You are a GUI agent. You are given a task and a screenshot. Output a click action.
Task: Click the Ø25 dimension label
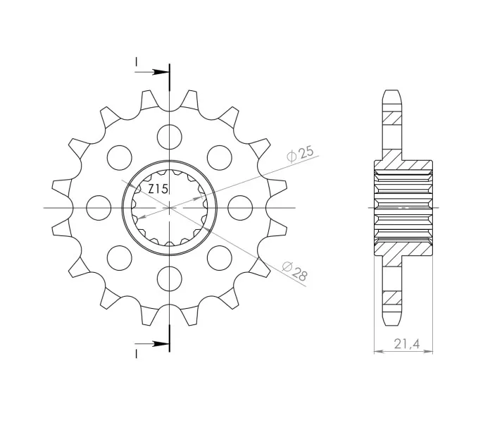[300, 154]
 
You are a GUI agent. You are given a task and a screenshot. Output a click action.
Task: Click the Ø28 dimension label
[295, 271]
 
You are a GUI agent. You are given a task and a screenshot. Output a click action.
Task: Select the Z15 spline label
[158, 189]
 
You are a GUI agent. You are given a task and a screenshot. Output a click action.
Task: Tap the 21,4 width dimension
[406, 344]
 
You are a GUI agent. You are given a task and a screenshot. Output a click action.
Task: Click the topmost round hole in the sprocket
[170, 137]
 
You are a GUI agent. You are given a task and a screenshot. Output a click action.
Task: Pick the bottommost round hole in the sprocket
[170, 278]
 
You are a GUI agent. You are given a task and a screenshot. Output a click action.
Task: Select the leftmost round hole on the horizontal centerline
[99, 208]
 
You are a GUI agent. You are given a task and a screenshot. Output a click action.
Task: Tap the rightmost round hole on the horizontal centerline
[240, 208]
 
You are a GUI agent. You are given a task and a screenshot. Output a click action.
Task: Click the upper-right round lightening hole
[220, 158]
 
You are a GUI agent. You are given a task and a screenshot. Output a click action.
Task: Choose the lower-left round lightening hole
[120, 258]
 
